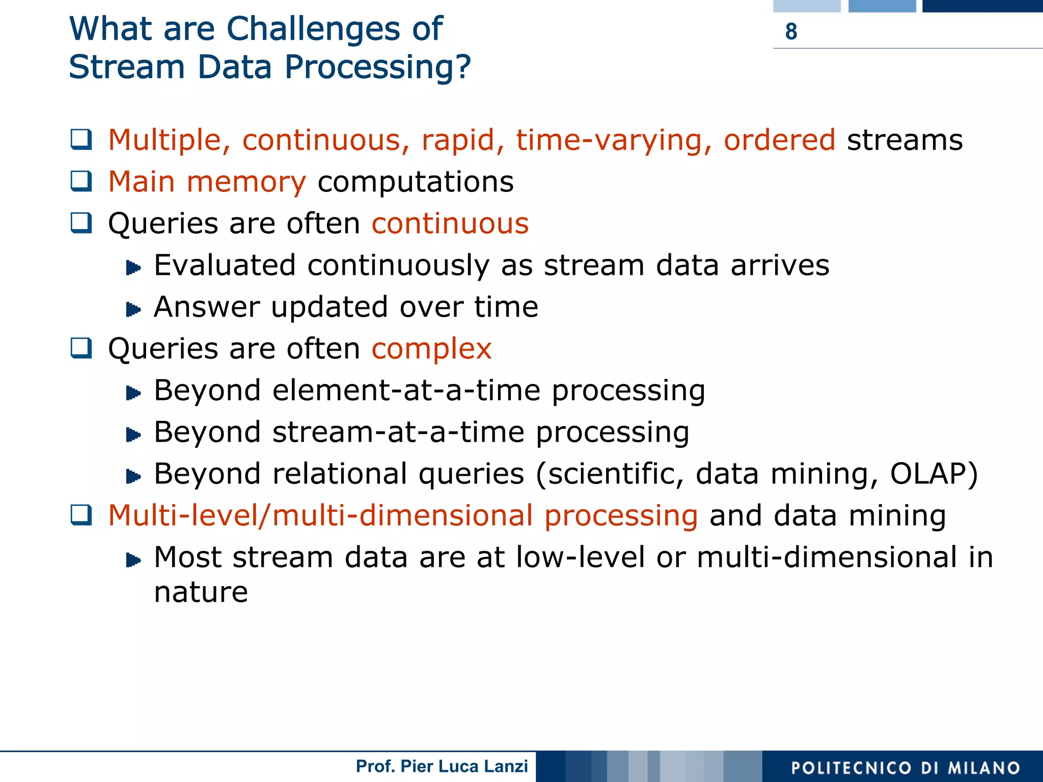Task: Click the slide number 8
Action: (x=791, y=32)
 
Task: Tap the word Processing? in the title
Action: (x=377, y=67)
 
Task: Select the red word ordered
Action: (x=779, y=140)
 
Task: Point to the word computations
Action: (x=416, y=182)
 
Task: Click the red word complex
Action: (x=431, y=349)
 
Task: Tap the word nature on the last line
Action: (x=201, y=592)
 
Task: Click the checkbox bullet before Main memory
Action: (x=81, y=181)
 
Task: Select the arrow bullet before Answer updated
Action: (x=133, y=309)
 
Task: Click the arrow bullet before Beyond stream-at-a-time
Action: (x=133, y=434)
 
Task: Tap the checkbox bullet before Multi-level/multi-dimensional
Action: (x=81, y=515)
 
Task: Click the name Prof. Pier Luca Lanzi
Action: (x=442, y=766)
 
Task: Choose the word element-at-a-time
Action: (x=406, y=391)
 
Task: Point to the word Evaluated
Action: (x=225, y=266)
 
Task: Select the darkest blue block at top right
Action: (x=982, y=6)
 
